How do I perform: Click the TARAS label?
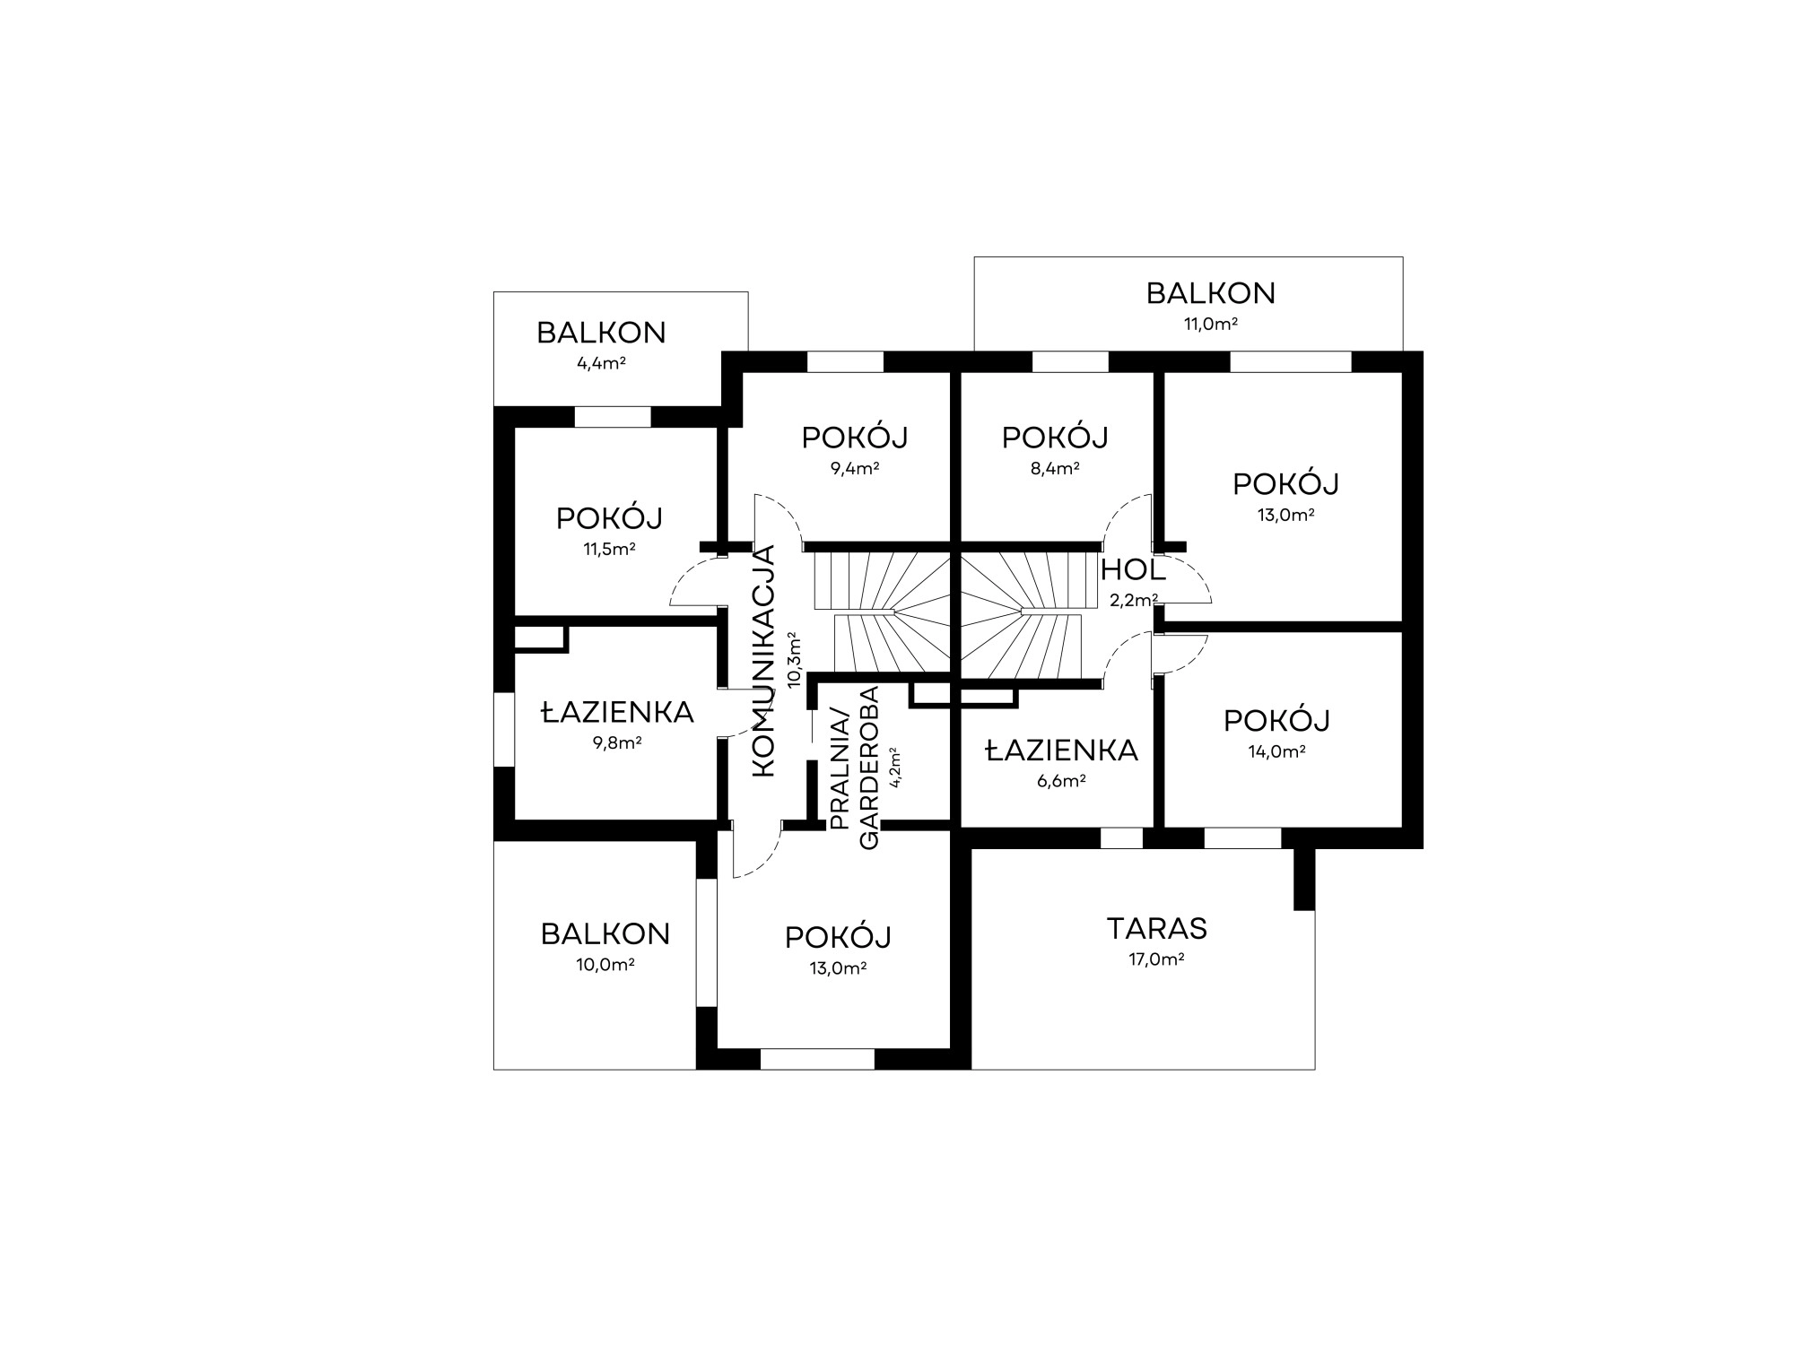point(1156,928)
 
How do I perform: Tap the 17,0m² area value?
point(1156,959)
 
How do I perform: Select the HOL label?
point(1133,569)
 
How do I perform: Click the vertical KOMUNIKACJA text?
point(762,660)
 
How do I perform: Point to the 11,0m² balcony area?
point(1211,324)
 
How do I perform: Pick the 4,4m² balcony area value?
point(601,364)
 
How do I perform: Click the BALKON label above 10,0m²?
point(605,934)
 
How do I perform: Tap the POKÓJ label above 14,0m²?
point(1276,720)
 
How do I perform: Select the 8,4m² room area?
point(1055,468)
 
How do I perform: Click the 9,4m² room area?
point(855,468)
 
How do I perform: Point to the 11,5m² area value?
point(610,550)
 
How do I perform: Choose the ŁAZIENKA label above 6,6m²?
point(1062,751)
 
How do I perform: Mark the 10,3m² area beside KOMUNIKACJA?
point(795,660)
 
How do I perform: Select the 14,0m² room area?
point(1276,752)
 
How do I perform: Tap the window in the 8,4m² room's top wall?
point(1070,361)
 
